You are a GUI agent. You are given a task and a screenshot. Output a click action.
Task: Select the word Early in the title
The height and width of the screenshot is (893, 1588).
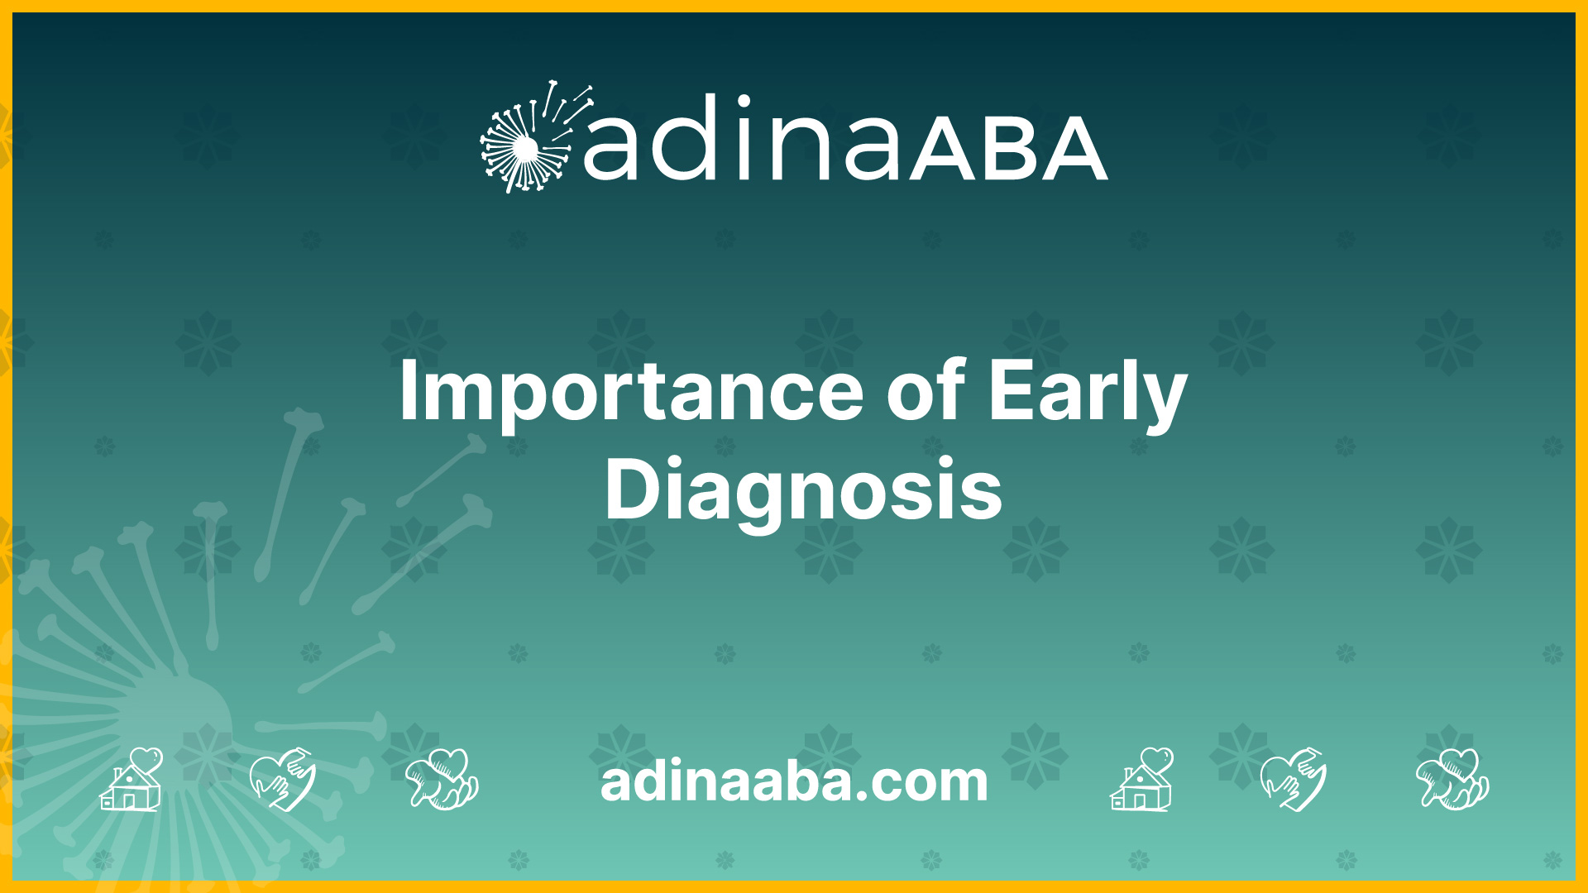point(1088,395)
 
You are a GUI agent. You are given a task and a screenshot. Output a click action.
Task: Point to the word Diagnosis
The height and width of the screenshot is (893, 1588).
point(804,489)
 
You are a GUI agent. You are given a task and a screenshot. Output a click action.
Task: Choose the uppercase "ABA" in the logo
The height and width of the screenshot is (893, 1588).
point(1008,149)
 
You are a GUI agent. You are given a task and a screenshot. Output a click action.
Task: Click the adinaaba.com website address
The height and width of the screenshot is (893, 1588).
point(794,781)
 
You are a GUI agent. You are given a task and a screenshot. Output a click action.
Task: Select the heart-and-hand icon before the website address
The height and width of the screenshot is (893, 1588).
point(283,779)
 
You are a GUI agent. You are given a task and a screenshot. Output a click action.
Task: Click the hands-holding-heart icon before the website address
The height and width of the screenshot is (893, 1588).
point(442,779)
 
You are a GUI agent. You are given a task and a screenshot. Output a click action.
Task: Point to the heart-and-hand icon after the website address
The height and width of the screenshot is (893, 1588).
point(1294,779)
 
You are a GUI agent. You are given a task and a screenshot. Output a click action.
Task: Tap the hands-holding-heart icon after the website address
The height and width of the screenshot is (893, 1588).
point(1452,779)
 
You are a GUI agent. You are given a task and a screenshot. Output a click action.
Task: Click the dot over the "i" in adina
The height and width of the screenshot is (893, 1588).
point(743,102)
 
